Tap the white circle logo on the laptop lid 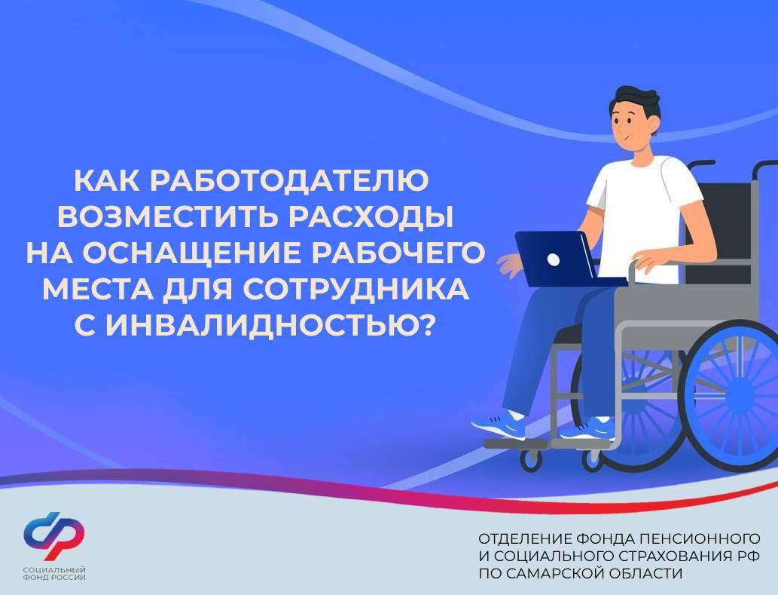(x=553, y=259)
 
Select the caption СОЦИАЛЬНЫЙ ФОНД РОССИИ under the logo (x=54, y=573)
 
